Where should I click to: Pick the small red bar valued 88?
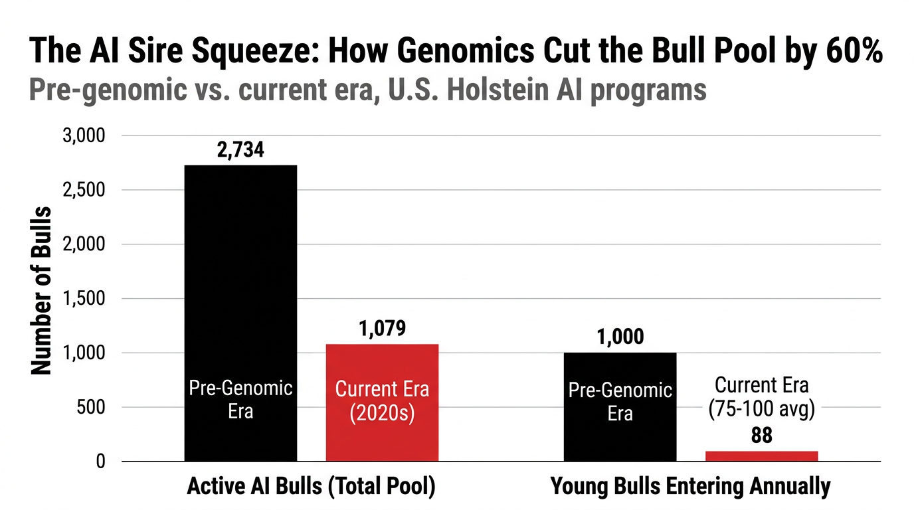coord(761,456)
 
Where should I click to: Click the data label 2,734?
coord(240,150)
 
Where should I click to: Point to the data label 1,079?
coord(382,328)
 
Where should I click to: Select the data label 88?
coord(761,436)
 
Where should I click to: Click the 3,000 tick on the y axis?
coord(84,136)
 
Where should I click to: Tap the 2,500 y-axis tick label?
coord(84,191)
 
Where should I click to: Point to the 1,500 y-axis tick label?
coord(84,299)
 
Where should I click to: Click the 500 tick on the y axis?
coord(91,407)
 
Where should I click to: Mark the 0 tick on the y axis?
coord(100,462)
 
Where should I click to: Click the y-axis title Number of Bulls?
coord(41,290)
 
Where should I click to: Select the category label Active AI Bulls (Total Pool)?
coord(311,487)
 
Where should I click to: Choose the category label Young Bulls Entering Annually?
coord(691,487)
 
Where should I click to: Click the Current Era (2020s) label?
coord(382,401)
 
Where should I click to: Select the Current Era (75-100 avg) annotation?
coord(761,396)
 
